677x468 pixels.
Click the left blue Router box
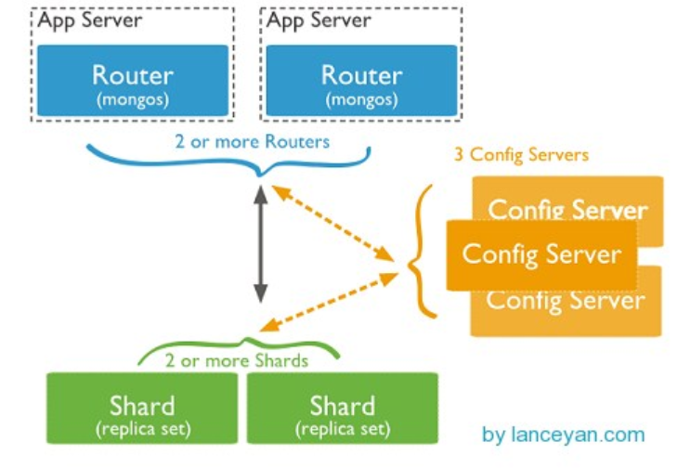point(132,80)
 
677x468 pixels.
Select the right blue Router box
point(360,80)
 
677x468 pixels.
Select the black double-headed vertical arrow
point(261,242)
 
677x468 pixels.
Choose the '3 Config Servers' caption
point(520,154)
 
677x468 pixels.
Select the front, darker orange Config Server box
point(541,253)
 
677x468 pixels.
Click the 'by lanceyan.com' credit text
point(563,435)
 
